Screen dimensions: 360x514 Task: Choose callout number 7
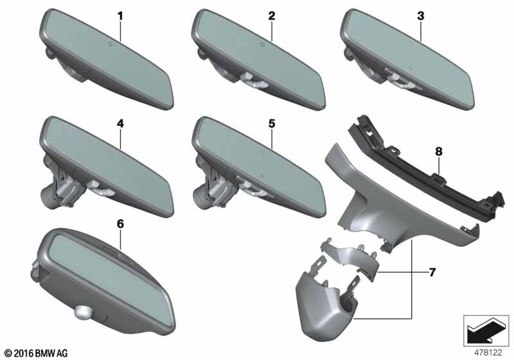pyautogui.click(x=432, y=273)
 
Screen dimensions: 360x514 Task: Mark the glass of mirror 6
pyautogui.click(x=103, y=270)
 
